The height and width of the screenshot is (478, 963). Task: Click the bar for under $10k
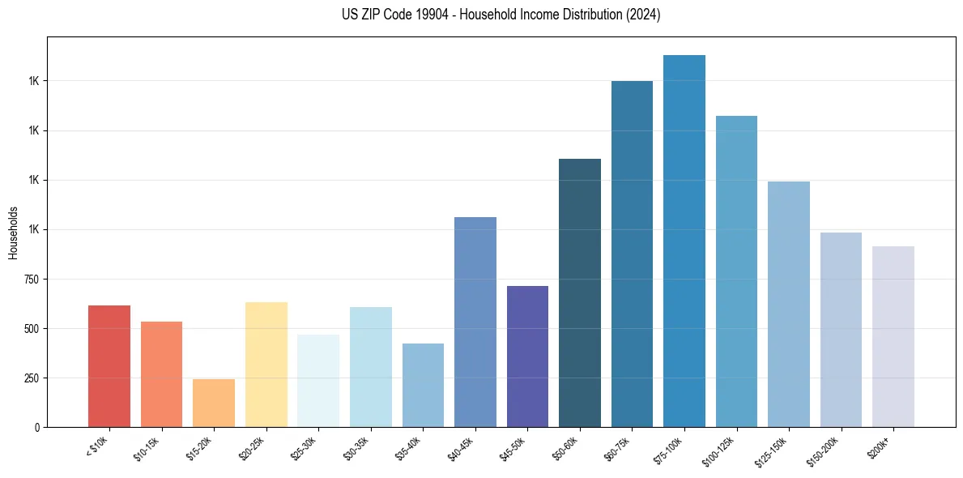[109, 366]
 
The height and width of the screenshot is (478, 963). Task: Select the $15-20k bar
[214, 403]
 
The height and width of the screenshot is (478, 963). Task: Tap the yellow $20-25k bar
[266, 365]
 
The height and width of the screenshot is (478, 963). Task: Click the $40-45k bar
[475, 322]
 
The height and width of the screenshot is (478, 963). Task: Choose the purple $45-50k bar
[527, 356]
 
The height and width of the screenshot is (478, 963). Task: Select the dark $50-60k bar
[580, 292]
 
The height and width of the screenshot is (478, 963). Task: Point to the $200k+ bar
[893, 336]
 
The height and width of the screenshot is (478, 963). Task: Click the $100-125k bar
[736, 271]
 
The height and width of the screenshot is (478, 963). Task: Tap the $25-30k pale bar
[318, 381]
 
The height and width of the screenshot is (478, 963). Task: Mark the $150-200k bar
[841, 330]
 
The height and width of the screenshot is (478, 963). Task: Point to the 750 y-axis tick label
[31, 279]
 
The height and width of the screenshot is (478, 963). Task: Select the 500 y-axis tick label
[31, 328]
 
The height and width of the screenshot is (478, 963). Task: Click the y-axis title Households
[13, 233]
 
